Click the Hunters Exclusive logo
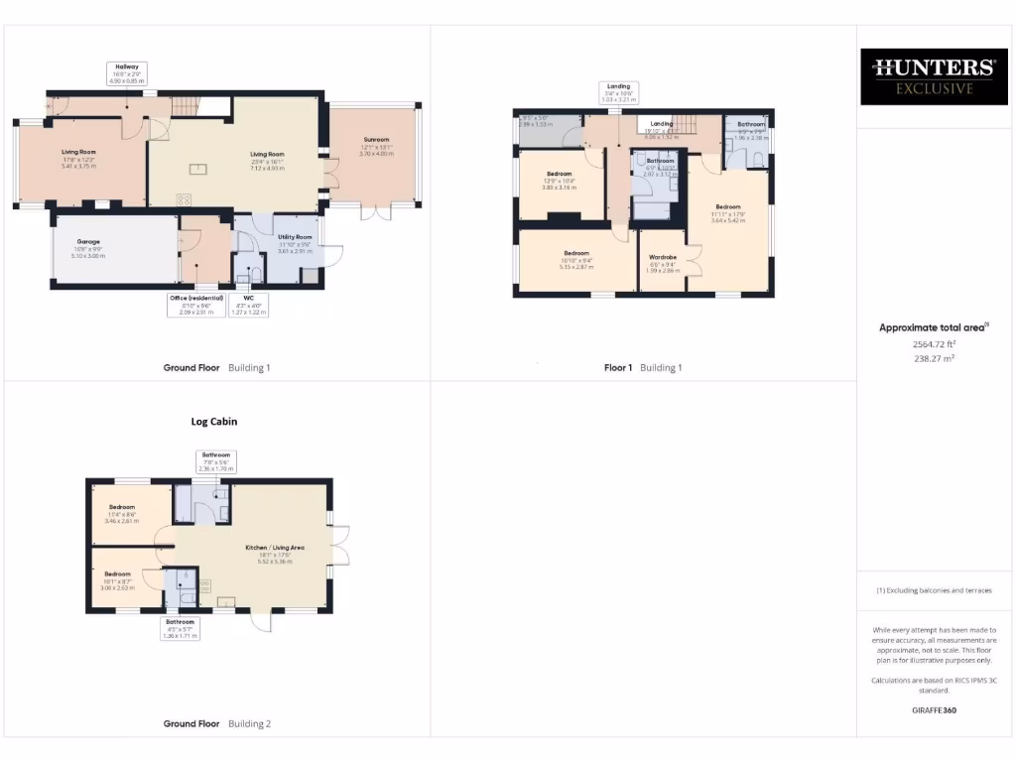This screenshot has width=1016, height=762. pos(933,76)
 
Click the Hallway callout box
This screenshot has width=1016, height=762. pos(126,71)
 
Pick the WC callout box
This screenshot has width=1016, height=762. pos(248,305)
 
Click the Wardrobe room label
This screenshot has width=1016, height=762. pos(663,263)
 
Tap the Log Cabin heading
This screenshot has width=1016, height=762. pos(214,421)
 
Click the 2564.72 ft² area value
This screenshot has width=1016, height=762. pos(933,344)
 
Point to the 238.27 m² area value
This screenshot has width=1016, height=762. pos(933,358)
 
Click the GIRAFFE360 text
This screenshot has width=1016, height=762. pos(933,710)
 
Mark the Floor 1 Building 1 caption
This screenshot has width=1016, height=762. pos(643,367)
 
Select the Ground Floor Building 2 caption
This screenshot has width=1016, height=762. pos(216,723)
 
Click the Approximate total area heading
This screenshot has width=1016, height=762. pos(933,327)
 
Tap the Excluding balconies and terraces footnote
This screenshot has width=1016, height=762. pos(933,590)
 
